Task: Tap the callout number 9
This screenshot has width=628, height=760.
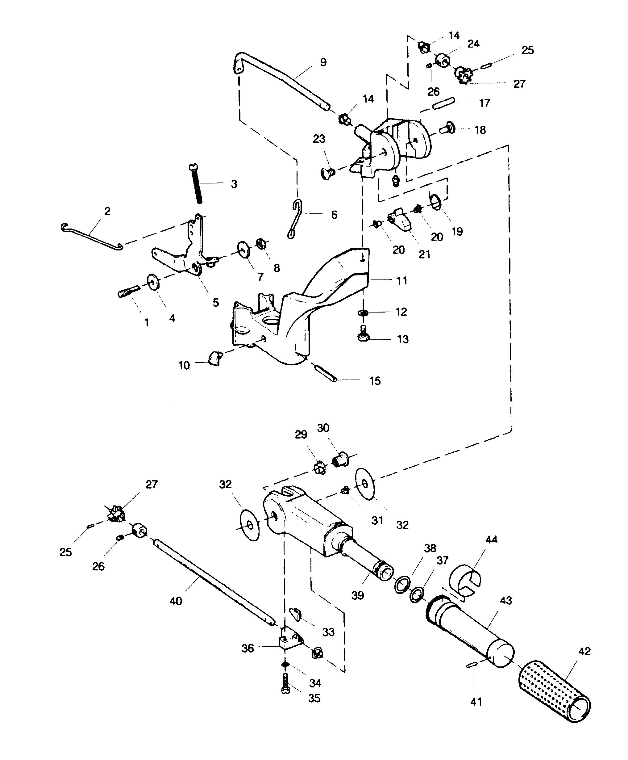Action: (x=323, y=62)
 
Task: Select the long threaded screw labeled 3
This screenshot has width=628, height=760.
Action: (x=195, y=183)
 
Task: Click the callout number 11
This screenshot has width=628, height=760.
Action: (x=401, y=280)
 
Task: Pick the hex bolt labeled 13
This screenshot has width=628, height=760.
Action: (x=363, y=333)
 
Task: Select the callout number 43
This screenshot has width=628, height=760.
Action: (x=506, y=600)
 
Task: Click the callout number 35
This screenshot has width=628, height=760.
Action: (x=314, y=698)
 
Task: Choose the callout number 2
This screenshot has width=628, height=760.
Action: (x=107, y=211)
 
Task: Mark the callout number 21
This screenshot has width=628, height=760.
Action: (x=424, y=254)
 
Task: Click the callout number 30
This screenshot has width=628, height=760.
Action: (x=323, y=428)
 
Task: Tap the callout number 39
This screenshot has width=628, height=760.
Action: (x=357, y=595)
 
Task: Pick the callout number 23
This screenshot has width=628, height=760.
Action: (x=319, y=139)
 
